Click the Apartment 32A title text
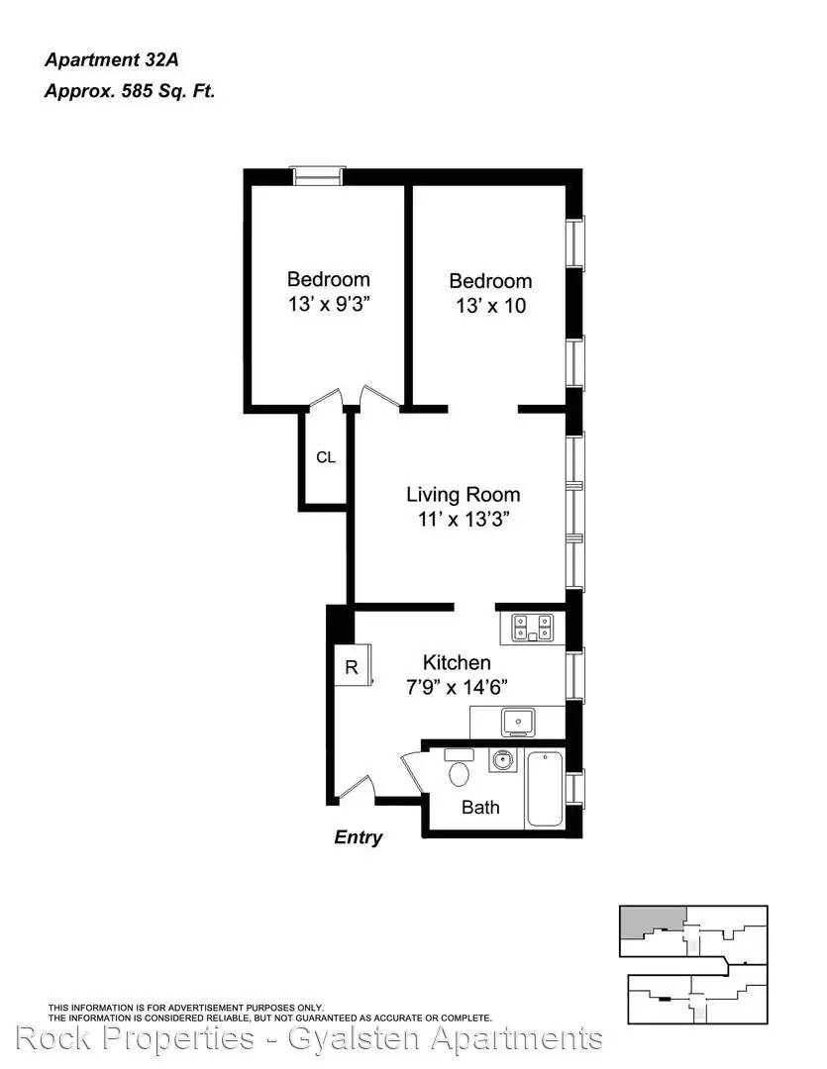pyautogui.click(x=112, y=60)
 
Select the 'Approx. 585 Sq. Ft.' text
pyautogui.click(x=130, y=91)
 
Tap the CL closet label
pyautogui.click(x=326, y=457)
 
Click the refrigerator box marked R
pyautogui.click(x=352, y=665)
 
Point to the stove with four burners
pyautogui.click(x=532, y=628)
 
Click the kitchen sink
pyautogui.click(x=518, y=722)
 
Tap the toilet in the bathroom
pyautogui.click(x=459, y=768)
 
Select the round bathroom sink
pyautogui.click(x=503, y=760)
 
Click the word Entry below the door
pyautogui.click(x=359, y=837)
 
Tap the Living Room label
pyautogui.click(x=464, y=494)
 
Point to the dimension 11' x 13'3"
pyautogui.click(x=464, y=520)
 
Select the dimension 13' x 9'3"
pyautogui.click(x=329, y=304)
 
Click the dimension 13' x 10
pyautogui.click(x=490, y=306)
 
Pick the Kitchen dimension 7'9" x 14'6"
pyautogui.click(x=457, y=687)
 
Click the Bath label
pyautogui.click(x=480, y=808)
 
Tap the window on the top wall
pyautogui.click(x=318, y=175)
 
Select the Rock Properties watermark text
pyautogui.click(x=309, y=1038)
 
